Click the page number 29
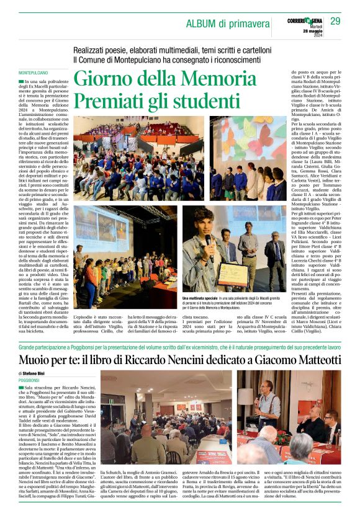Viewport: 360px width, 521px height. [x=335, y=22]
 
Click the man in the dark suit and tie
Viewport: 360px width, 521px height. [x=274, y=261]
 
